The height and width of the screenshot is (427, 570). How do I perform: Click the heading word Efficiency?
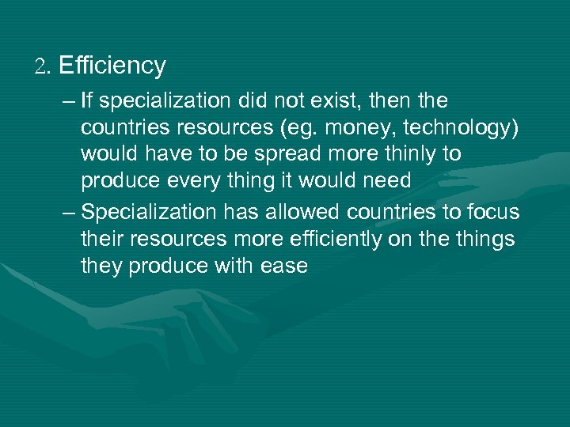click(112, 66)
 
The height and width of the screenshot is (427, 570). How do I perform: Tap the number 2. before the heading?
click(42, 66)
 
